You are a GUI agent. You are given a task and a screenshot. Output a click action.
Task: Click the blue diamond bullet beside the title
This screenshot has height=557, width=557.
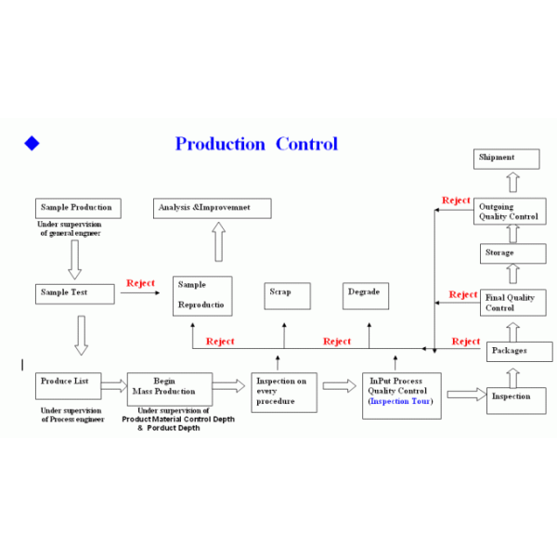click(x=32, y=143)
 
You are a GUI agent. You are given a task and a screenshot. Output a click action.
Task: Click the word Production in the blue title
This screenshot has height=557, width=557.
click(x=220, y=144)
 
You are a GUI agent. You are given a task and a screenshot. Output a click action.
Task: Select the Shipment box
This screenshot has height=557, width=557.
click(x=507, y=159)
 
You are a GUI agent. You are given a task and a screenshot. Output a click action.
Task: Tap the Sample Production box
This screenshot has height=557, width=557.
click(x=78, y=208)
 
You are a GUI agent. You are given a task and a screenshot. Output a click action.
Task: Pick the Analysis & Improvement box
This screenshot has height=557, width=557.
click(x=213, y=208)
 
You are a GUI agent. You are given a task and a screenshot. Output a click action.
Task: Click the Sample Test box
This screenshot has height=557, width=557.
click(x=75, y=293)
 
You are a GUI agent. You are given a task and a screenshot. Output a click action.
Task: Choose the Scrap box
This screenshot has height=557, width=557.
click(x=288, y=296)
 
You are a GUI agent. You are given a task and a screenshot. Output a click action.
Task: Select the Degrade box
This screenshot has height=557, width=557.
click(x=366, y=296)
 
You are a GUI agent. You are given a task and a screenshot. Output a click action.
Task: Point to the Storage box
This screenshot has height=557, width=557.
click(x=513, y=253)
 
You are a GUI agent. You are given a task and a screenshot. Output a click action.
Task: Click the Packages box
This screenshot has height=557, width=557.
click(x=520, y=352)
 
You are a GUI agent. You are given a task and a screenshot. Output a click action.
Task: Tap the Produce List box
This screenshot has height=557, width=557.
click(x=69, y=386)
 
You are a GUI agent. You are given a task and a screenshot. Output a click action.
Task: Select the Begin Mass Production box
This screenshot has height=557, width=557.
click(x=170, y=389)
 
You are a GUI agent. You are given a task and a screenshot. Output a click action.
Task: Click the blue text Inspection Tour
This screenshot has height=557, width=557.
click(x=400, y=401)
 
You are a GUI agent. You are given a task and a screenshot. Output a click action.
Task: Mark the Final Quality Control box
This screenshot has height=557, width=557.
click(x=513, y=303)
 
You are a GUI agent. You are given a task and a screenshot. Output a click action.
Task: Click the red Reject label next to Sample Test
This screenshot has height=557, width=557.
click(x=141, y=283)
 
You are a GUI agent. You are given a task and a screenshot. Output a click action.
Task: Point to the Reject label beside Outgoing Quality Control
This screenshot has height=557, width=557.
click(x=456, y=201)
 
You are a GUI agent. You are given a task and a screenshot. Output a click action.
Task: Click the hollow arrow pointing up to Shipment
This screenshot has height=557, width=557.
click(x=513, y=182)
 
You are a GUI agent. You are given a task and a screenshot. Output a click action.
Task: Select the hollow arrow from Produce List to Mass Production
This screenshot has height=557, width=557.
click(x=114, y=386)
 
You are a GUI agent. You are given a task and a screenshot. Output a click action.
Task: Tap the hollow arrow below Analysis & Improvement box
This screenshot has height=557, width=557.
click(x=219, y=242)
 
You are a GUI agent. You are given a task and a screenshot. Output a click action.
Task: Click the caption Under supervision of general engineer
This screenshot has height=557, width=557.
click(x=70, y=228)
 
